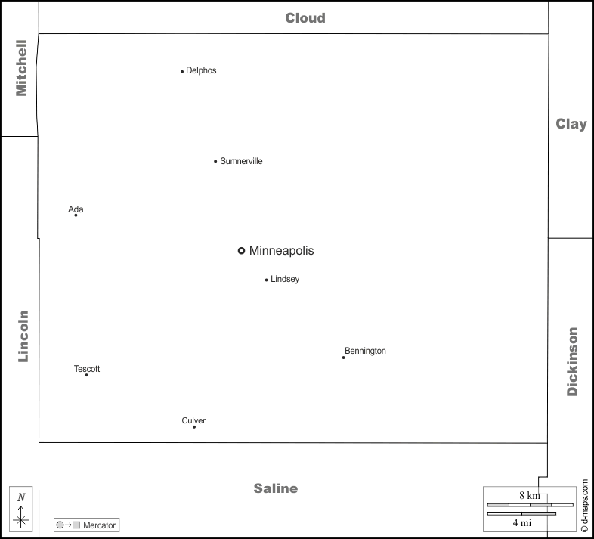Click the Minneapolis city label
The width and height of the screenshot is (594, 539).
[x=281, y=251]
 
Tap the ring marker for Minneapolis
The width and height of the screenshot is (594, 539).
[x=241, y=251]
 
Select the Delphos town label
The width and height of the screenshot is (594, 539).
[x=201, y=70]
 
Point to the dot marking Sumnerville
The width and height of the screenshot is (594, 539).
[x=215, y=161]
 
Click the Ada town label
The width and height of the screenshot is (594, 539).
[x=76, y=209]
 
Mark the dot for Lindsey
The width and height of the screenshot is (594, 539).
[x=267, y=280]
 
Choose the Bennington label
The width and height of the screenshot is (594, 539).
[x=365, y=351]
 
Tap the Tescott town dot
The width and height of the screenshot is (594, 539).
[x=86, y=375]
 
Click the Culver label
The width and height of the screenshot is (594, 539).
[x=193, y=420]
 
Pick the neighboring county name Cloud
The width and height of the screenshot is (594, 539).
[x=305, y=18]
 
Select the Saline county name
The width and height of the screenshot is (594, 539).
[x=276, y=488]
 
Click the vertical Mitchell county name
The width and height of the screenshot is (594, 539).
[x=21, y=68]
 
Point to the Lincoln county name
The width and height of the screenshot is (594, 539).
[x=23, y=336]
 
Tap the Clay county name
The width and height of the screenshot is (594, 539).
[x=571, y=124]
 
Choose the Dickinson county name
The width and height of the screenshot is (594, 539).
[x=572, y=361]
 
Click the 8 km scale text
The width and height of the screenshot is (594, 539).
[x=529, y=495]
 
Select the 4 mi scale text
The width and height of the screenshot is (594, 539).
[x=521, y=522]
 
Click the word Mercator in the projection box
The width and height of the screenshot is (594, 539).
[x=100, y=525]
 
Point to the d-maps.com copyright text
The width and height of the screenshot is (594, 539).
[x=584, y=504]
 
